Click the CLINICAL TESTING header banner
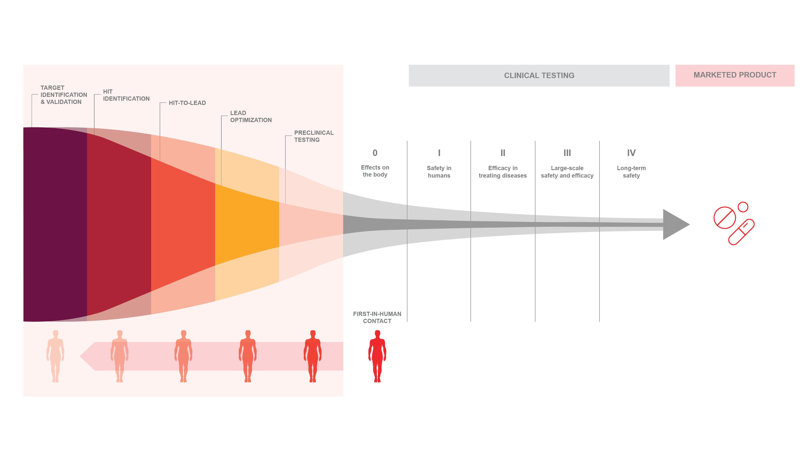click(539, 76)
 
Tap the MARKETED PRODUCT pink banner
click(735, 75)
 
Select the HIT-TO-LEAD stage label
click(187, 103)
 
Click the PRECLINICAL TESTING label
click(314, 136)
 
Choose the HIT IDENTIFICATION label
click(126, 95)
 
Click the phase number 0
click(375, 153)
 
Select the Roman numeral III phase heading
click(567, 153)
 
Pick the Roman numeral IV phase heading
click(631, 153)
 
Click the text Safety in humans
click(439, 172)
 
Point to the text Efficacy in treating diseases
click(503, 172)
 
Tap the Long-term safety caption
click(631, 172)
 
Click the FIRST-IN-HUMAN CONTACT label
click(377, 317)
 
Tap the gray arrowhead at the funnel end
click(674, 224)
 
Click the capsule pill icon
click(741, 232)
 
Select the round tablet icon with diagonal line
click(724, 217)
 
